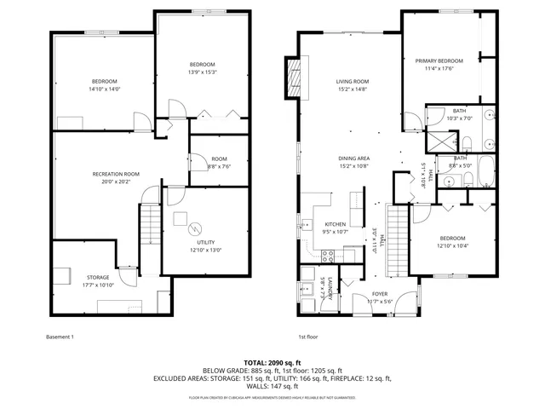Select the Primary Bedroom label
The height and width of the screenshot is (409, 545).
pos(439,61)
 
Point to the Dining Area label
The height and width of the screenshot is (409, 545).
pos(353,158)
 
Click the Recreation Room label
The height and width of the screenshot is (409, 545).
pos(116,174)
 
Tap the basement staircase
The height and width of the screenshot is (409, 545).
pos(150,225)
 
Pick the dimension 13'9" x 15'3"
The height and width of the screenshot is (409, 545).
pos(202,72)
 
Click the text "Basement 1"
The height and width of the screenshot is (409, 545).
pos(60,337)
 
